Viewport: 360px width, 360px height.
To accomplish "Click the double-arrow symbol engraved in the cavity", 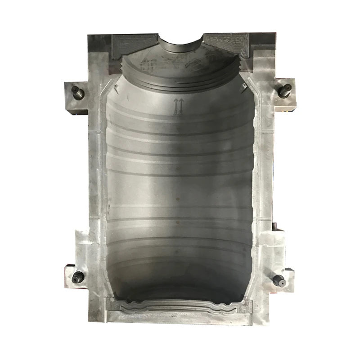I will click(178, 105).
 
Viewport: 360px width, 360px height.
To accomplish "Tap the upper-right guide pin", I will click(284, 89).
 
